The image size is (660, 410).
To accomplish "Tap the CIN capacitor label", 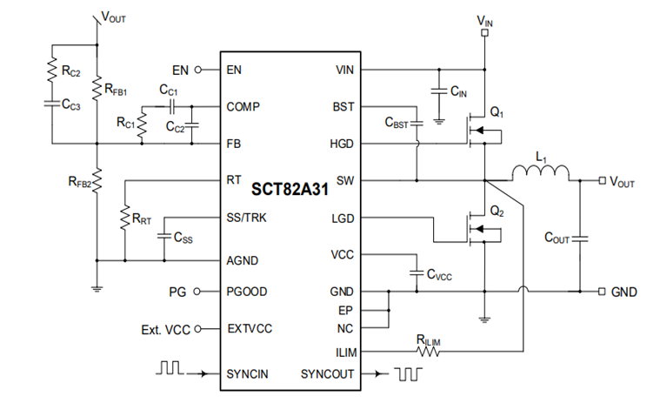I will click(460, 91).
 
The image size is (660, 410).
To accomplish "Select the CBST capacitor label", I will click(397, 124).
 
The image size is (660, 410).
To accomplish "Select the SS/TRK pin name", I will click(246, 218).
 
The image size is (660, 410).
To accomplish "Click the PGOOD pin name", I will click(248, 292).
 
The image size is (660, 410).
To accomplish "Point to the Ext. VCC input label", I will click(164, 329).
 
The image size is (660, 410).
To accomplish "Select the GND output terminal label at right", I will click(624, 292).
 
